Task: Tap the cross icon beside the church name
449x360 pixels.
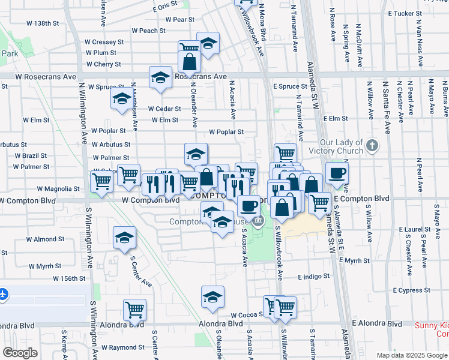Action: coord(372,145)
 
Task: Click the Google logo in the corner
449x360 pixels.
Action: coord(20,353)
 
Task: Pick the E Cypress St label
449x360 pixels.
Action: coord(411,290)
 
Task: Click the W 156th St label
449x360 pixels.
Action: coord(70,279)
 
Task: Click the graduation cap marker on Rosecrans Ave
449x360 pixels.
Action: coord(161,77)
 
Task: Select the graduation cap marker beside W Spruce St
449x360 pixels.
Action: coord(122,99)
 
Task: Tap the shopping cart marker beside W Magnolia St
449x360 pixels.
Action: coord(101,181)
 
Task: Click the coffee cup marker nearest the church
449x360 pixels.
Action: coord(337,173)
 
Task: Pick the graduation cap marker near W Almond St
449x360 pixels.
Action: coord(124,237)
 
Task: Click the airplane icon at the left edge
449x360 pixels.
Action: coord(3,295)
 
